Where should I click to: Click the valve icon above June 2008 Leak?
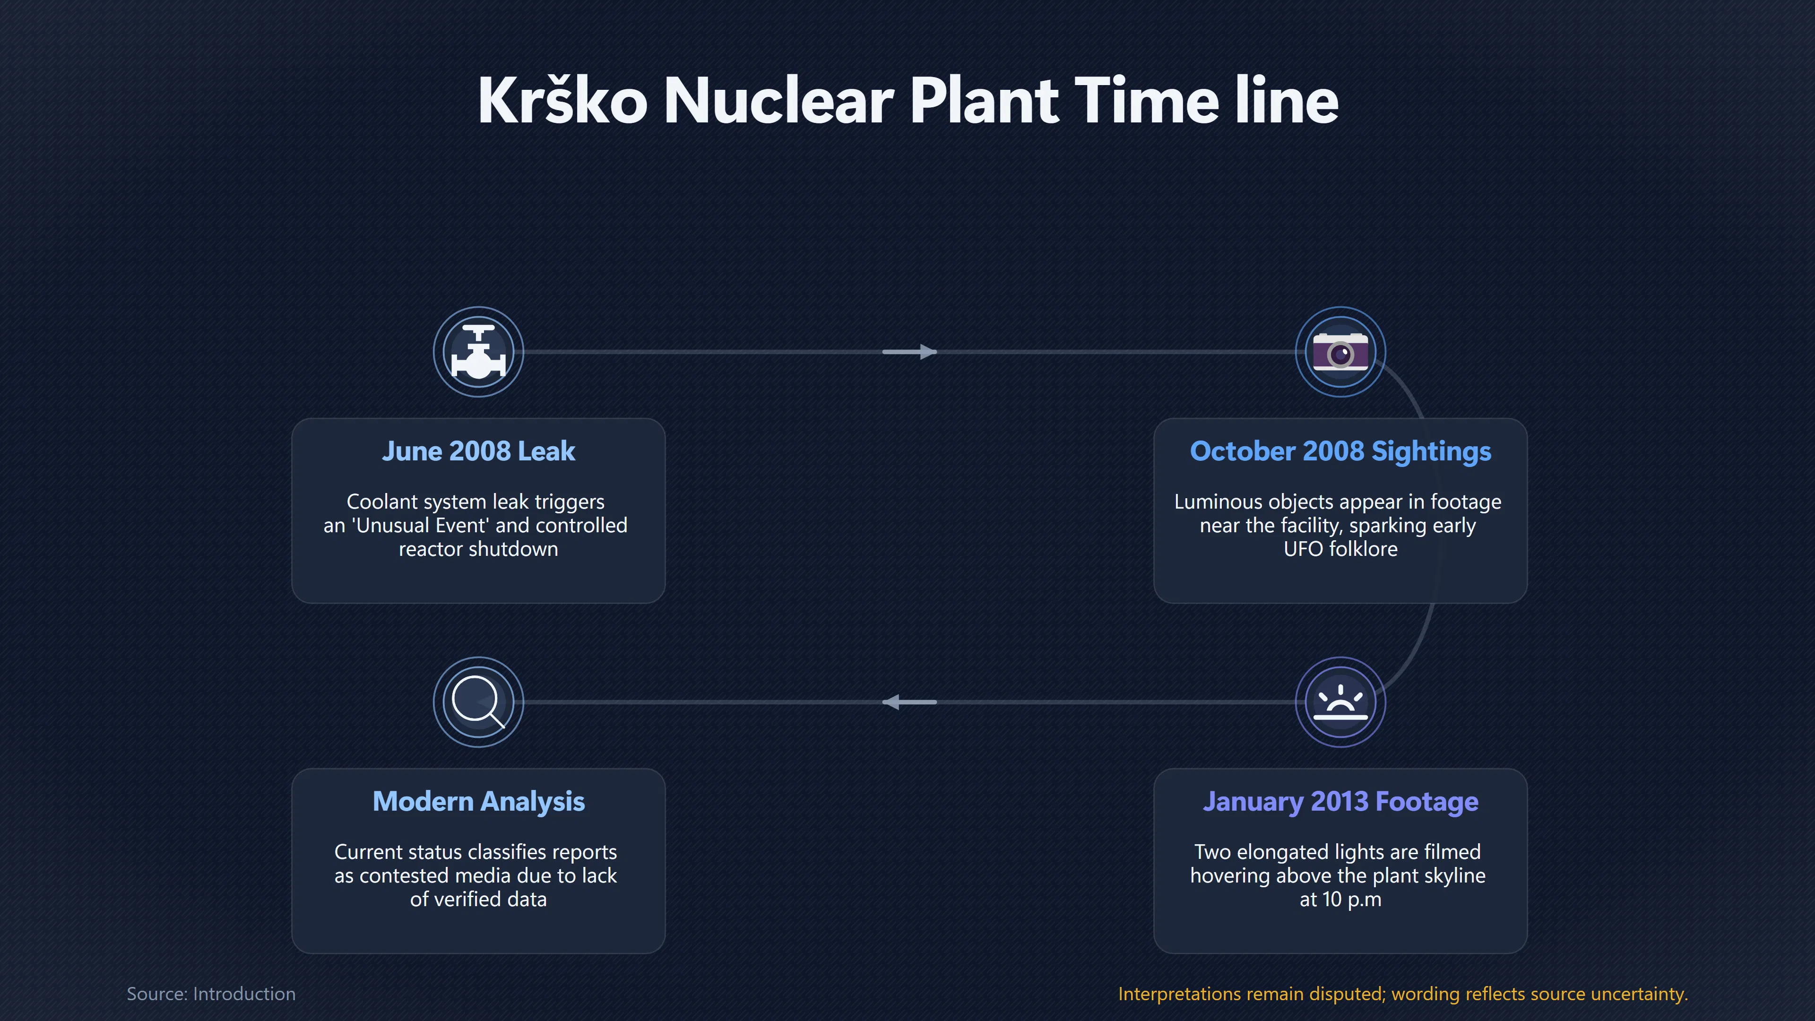click(478, 352)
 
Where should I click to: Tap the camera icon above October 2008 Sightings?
click(1340, 352)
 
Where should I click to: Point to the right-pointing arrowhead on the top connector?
click(929, 352)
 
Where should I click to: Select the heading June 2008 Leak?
click(478, 451)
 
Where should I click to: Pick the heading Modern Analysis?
click(478, 802)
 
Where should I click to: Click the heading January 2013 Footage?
click(1340, 802)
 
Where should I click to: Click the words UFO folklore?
click(1340, 549)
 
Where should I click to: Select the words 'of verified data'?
click(478, 899)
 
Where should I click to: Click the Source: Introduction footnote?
click(211, 994)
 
